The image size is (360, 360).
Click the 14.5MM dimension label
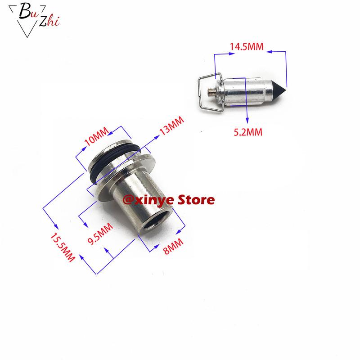[247, 47]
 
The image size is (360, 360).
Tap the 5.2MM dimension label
[247, 132]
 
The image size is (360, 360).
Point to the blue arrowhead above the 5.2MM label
[247, 120]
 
